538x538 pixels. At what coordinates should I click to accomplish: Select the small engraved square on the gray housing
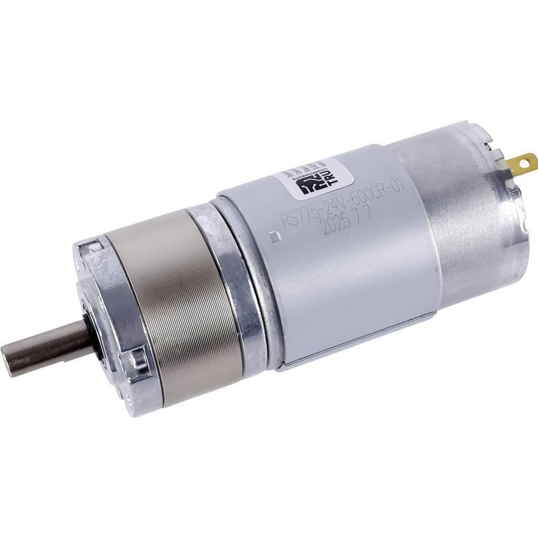pos(273,235)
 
